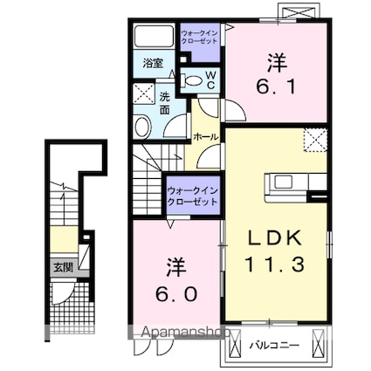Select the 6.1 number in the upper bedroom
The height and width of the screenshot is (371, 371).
276,85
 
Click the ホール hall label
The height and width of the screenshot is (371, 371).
206,137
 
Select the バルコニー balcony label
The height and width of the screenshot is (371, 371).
278,345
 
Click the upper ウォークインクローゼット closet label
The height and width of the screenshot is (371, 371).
199,38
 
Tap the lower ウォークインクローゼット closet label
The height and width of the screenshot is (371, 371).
192,195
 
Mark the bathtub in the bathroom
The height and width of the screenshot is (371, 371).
155,38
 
